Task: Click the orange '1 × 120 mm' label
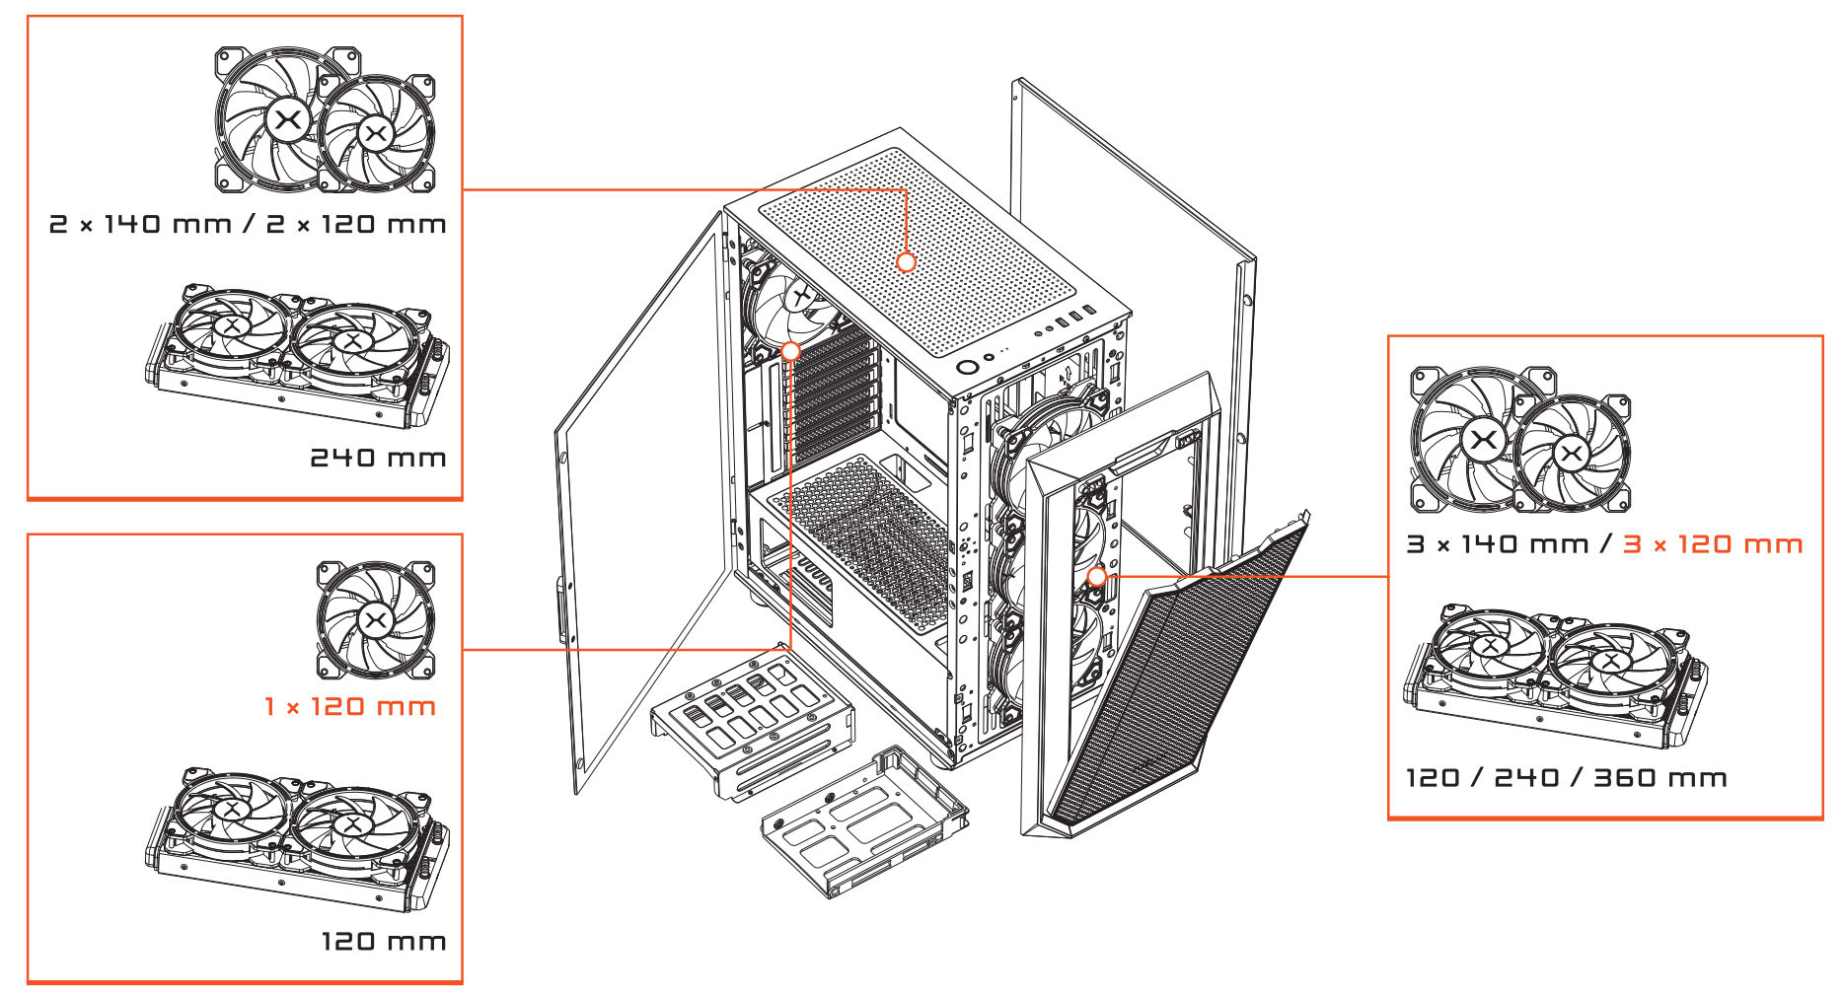(350, 707)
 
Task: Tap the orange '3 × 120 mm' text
(1713, 544)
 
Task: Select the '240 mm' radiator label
(378, 458)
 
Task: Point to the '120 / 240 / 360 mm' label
(1566, 778)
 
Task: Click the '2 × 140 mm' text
(140, 225)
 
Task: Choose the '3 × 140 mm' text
(1497, 544)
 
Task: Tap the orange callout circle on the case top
(907, 262)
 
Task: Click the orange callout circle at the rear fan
(790, 351)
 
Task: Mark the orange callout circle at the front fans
(1096, 576)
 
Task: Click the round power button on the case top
(968, 368)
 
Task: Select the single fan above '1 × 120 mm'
(375, 620)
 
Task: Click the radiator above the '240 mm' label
(296, 355)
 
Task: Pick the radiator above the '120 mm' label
(296, 838)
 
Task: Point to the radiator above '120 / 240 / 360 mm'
(1554, 676)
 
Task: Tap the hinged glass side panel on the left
(641, 513)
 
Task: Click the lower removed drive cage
(863, 823)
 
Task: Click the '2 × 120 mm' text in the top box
(356, 225)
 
